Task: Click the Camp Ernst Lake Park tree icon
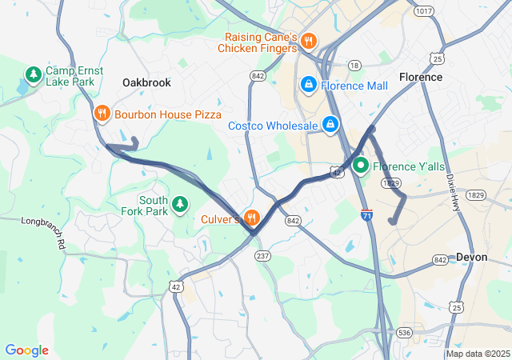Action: click(33, 76)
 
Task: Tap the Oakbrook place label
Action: click(146, 82)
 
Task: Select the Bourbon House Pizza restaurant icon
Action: click(102, 114)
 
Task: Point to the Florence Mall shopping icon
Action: click(308, 85)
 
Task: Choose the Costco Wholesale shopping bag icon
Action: click(330, 125)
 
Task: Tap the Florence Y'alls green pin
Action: click(360, 166)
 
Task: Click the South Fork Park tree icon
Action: click(181, 206)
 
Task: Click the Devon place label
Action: click(471, 257)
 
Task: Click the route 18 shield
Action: click(354, 64)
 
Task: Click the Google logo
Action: click(26, 350)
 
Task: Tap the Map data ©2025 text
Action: click(478, 354)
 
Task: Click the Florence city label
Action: click(420, 77)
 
